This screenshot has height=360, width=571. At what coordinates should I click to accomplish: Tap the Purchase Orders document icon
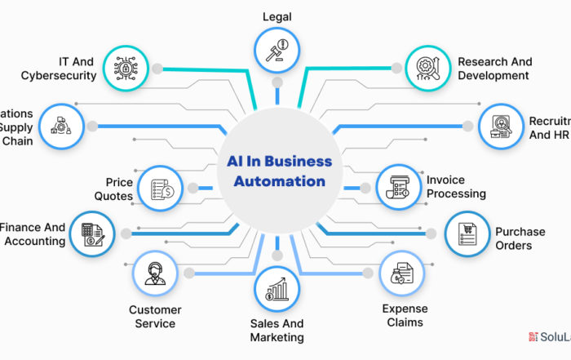coord(466,234)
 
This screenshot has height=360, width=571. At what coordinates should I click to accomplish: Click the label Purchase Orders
coord(520,238)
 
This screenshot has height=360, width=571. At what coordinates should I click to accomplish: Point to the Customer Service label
coord(155,317)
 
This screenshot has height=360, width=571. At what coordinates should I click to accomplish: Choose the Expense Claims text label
coord(403,315)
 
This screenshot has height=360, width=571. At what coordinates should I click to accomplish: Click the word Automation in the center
coord(279,181)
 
